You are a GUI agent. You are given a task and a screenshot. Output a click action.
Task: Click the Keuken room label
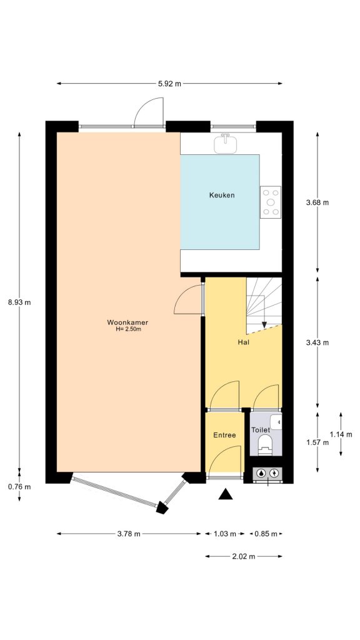222,196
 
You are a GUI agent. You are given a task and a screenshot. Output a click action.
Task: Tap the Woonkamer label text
127,322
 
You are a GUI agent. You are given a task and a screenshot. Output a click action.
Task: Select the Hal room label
244,343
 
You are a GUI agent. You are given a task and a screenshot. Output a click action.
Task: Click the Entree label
224,435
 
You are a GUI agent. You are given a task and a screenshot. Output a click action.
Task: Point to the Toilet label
260,431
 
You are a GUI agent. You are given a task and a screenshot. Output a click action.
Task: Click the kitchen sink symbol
226,144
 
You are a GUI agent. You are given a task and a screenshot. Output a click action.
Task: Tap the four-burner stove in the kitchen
271,202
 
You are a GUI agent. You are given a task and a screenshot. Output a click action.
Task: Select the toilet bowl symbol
266,446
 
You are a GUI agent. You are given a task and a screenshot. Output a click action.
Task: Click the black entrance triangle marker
226,495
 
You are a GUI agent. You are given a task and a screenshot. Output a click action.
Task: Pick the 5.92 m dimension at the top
169,83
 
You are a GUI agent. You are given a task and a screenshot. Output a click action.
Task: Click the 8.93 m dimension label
19,302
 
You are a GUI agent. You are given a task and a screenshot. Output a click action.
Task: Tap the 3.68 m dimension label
317,202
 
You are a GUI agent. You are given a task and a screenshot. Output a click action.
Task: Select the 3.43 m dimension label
317,342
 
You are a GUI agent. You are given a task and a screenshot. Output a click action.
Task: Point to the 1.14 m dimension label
341,434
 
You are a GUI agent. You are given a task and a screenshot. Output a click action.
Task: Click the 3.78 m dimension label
129,534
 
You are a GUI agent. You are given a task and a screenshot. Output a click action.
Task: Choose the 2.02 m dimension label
243,556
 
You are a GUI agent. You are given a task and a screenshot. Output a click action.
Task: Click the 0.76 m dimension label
19,487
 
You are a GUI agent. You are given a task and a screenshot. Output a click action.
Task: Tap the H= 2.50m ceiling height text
128,329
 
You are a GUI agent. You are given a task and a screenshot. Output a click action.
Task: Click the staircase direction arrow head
264,325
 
